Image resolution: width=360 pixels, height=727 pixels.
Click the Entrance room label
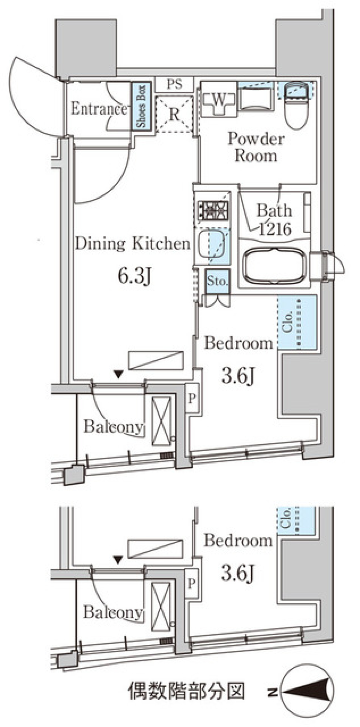click(99, 109)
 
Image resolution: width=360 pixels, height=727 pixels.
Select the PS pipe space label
click(174, 84)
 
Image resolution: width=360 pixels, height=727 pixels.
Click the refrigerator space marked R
click(174, 114)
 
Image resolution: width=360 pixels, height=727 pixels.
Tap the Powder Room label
click(256, 147)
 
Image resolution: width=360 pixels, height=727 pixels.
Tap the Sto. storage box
click(217, 281)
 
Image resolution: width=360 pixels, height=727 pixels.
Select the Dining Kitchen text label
click(133, 243)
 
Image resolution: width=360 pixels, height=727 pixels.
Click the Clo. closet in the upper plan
click(297, 322)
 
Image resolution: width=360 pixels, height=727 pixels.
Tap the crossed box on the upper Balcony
click(161, 421)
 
